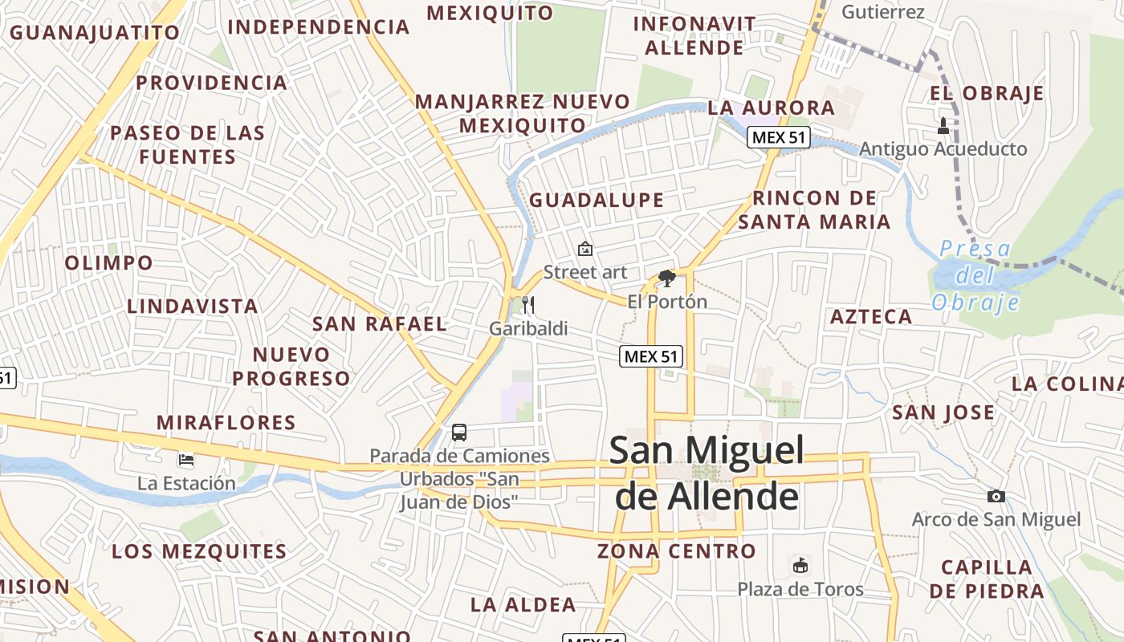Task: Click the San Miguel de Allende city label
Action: point(707,473)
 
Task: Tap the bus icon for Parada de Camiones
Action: point(459,433)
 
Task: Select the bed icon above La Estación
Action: point(186,460)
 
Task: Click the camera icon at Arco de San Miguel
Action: point(996,496)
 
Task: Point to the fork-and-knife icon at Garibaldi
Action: point(528,304)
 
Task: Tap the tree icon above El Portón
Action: point(666,278)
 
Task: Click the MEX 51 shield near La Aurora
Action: point(778,137)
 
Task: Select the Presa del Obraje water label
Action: point(975,275)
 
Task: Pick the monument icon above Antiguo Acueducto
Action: point(943,125)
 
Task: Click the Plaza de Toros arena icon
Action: point(800,565)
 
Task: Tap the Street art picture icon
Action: point(585,249)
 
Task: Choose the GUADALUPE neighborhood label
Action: point(597,200)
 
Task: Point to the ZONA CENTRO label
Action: point(677,551)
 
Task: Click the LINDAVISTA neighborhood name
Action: point(193,306)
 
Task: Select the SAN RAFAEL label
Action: point(379,323)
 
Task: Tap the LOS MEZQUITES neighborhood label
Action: point(199,551)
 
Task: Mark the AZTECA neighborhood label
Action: point(871,316)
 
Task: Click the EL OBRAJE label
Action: point(987,93)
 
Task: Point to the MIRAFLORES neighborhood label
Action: point(226,422)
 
